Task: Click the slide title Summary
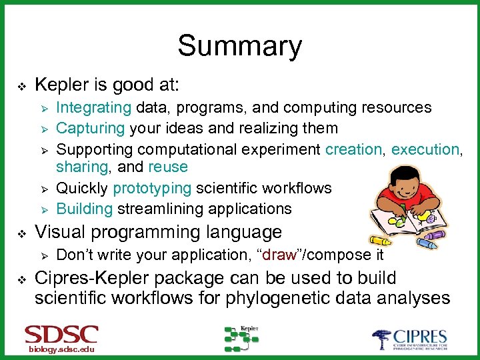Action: (239, 46)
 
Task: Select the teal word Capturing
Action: (90, 127)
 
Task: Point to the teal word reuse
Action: (168, 167)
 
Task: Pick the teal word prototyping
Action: (153, 189)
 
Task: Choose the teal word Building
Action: (85, 209)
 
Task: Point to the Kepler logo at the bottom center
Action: (241, 339)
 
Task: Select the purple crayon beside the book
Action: (435, 234)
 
